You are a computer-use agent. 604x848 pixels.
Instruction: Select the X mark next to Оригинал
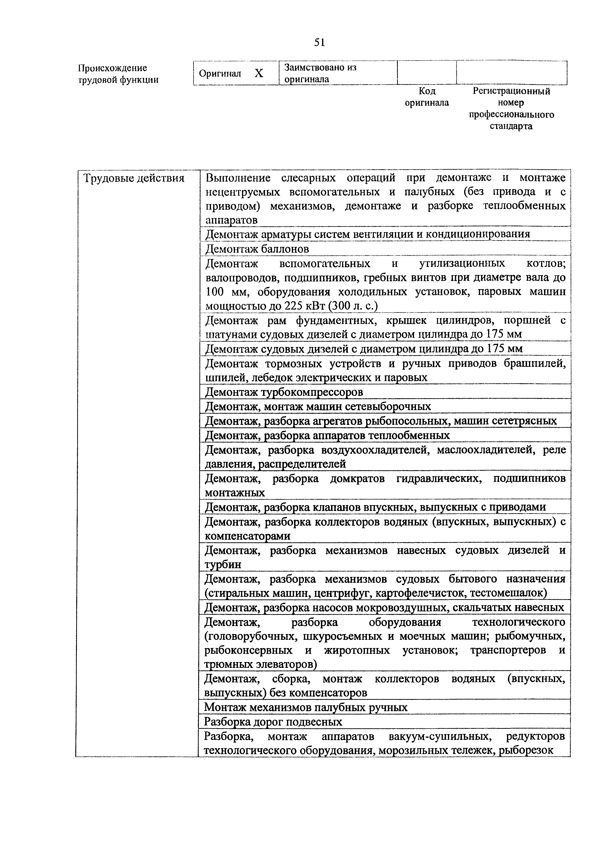click(x=259, y=74)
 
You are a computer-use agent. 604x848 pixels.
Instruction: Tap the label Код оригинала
click(x=427, y=97)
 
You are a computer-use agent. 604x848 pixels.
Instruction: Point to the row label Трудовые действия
click(x=134, y=178)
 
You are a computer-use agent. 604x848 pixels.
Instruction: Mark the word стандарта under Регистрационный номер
click(x=511, y=126)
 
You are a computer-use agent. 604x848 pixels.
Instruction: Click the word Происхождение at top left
click(x=112, y=68)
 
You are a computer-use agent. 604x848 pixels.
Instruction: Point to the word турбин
click(x=223, y=564)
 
